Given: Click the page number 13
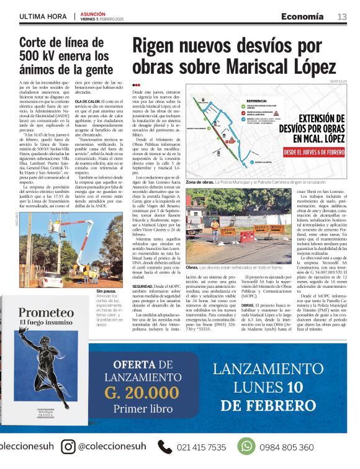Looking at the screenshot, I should (342, 16).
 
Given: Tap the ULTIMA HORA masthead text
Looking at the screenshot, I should (44, 16).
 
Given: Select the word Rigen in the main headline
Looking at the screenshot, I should (157, 47).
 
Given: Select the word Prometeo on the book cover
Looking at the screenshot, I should (45, 313).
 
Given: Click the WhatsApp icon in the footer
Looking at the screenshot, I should (246, 447).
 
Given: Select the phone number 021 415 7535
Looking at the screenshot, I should (201, 447).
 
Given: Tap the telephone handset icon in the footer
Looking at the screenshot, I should (164, 447).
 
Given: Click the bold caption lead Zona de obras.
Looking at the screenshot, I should (200, 182).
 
